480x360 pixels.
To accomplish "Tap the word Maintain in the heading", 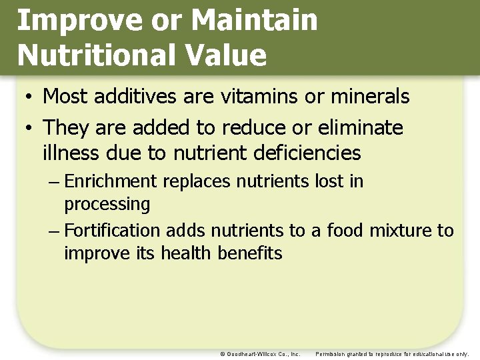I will coord(254,21).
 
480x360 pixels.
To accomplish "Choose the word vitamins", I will coord(259,97).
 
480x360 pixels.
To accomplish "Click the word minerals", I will coord(366,97).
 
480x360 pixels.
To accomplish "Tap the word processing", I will coord(107,204).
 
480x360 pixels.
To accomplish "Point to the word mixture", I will coord(399,231).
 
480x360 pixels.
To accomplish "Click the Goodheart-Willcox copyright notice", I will coord(260,354).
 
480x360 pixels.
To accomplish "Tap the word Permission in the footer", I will coord(330,354).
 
